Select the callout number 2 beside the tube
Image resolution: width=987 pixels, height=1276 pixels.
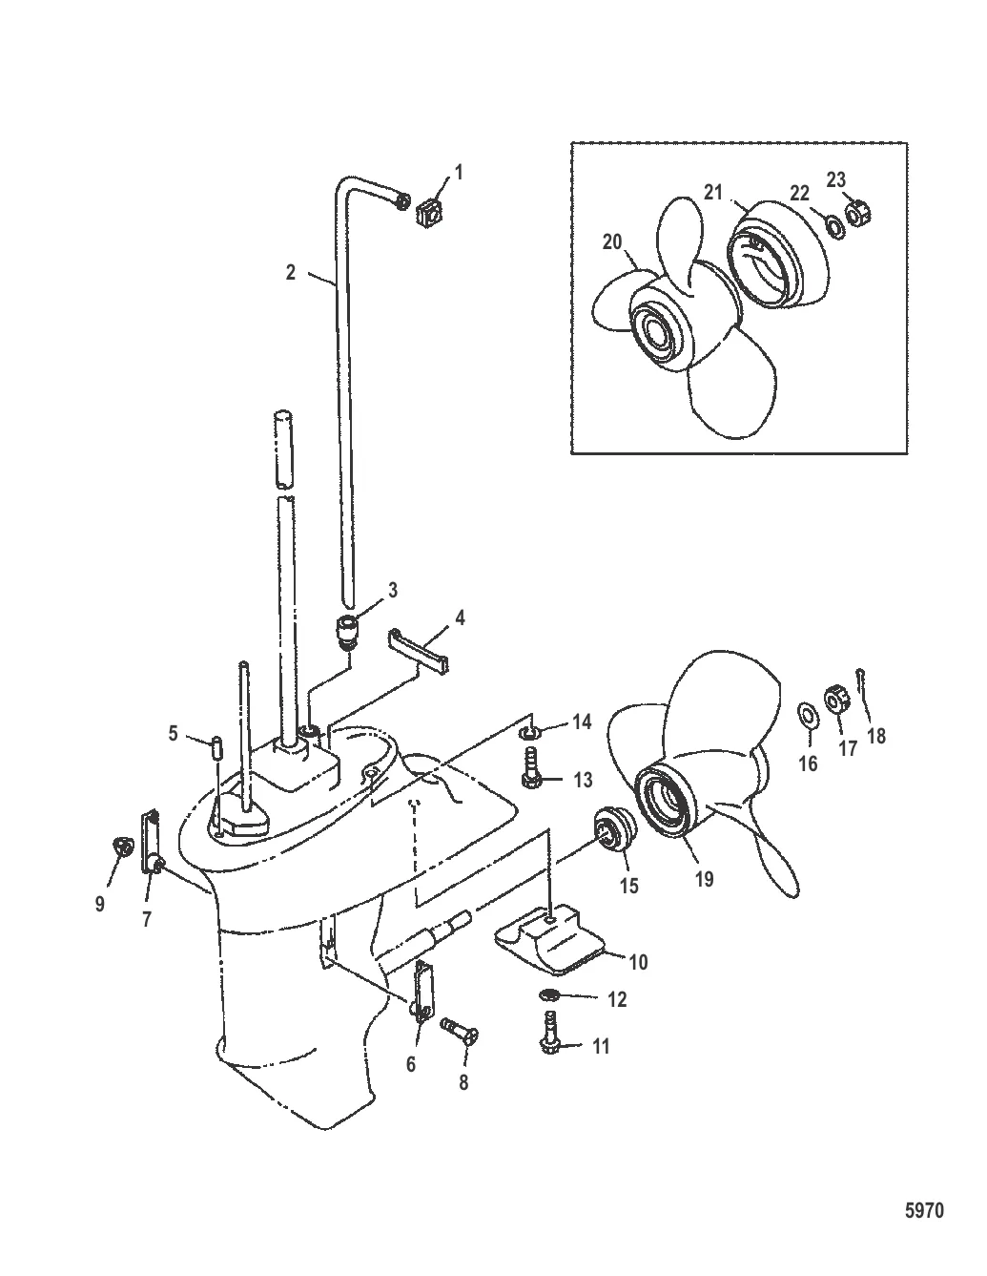(290, 272)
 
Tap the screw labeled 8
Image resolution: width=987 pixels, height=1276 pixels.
(461, 1033)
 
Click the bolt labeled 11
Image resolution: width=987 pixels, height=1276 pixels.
(551, 1039)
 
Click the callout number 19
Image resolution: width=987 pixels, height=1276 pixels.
(704, 880)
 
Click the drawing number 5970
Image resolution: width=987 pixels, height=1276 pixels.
(923, 1211)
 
